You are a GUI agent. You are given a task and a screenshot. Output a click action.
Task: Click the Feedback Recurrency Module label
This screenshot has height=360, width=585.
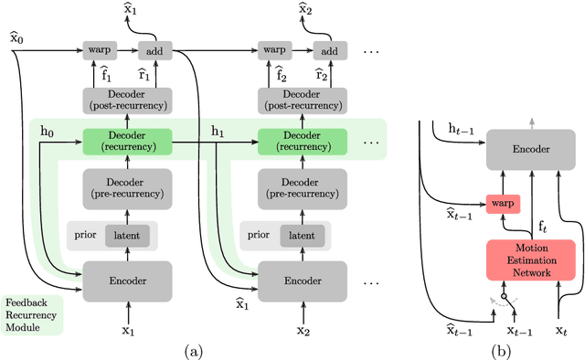pyautogui.click(x=28, y=314)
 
